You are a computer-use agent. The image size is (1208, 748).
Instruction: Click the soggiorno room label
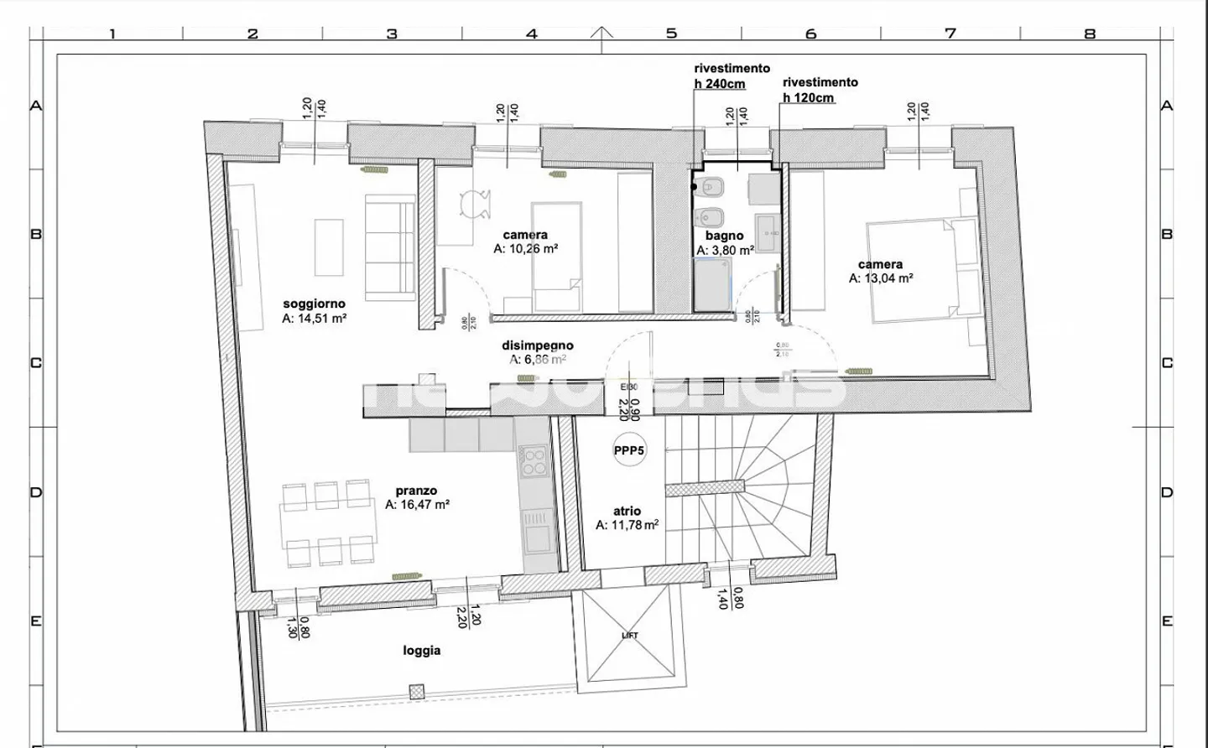[314, 304]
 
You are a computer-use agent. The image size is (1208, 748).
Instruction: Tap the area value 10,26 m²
[526, 249]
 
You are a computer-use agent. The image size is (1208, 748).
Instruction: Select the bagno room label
[724, 236]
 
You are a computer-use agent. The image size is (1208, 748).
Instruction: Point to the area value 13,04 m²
[880, 278]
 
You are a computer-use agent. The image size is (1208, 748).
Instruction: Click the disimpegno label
[538, 345]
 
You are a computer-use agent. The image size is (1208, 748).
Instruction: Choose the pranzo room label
[416, 491]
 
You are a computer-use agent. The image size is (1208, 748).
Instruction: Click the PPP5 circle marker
[628, 450]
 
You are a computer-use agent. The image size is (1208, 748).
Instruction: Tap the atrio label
[627, 511]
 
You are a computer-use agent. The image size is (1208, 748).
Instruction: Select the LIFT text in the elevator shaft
[630, 636]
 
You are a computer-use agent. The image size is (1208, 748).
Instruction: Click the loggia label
[421, 651]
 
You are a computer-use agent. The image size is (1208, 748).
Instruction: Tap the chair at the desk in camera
[475, 205]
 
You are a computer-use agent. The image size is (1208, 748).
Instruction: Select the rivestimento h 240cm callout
[732, 76]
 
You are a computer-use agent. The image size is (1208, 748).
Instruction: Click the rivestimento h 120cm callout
[820, 90]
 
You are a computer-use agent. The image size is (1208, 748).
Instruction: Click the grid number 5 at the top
[671, 34]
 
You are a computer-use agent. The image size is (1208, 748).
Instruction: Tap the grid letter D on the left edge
[36, 492]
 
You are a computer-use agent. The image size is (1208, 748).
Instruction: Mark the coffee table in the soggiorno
[329, 247]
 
